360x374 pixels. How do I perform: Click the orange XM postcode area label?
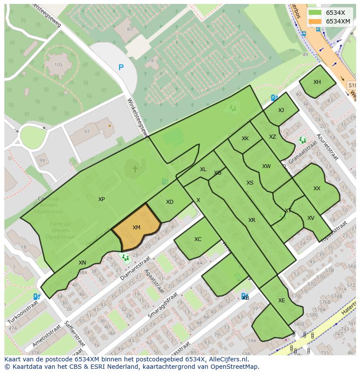pyautogui.click(x=136, y=228)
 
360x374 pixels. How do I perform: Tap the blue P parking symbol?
pyautogui.click(x=121, y=67)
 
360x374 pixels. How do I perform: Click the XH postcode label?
pyautogui.click(x=317, y=82)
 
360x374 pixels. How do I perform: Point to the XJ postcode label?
pyautogui.click(x=281, y=110)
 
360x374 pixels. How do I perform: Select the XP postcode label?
pyautogui.click(x=101, y=199)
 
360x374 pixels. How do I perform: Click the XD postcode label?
pyautogui.click(x=170, y=202)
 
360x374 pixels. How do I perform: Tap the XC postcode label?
pyautogui.click(x=198, y=239)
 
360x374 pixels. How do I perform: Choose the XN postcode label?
pyautogui.click(x=82, y=263)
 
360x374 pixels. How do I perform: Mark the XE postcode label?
pyautogui.click(x=281, y=301)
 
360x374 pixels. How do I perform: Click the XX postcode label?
pyautogui.click(x=317, y=189)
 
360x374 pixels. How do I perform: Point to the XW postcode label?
pyautogui.click(x=266, y=166)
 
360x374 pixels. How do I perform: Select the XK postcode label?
pyautogui.click(x=245, y=139)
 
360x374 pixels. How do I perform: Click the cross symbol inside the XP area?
pyautogui.click(x=135, y=169)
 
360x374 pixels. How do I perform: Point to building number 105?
pyautogui.click(x=58, y=65)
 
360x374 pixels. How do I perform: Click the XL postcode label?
pyautogui.click(x=203, y=169)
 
